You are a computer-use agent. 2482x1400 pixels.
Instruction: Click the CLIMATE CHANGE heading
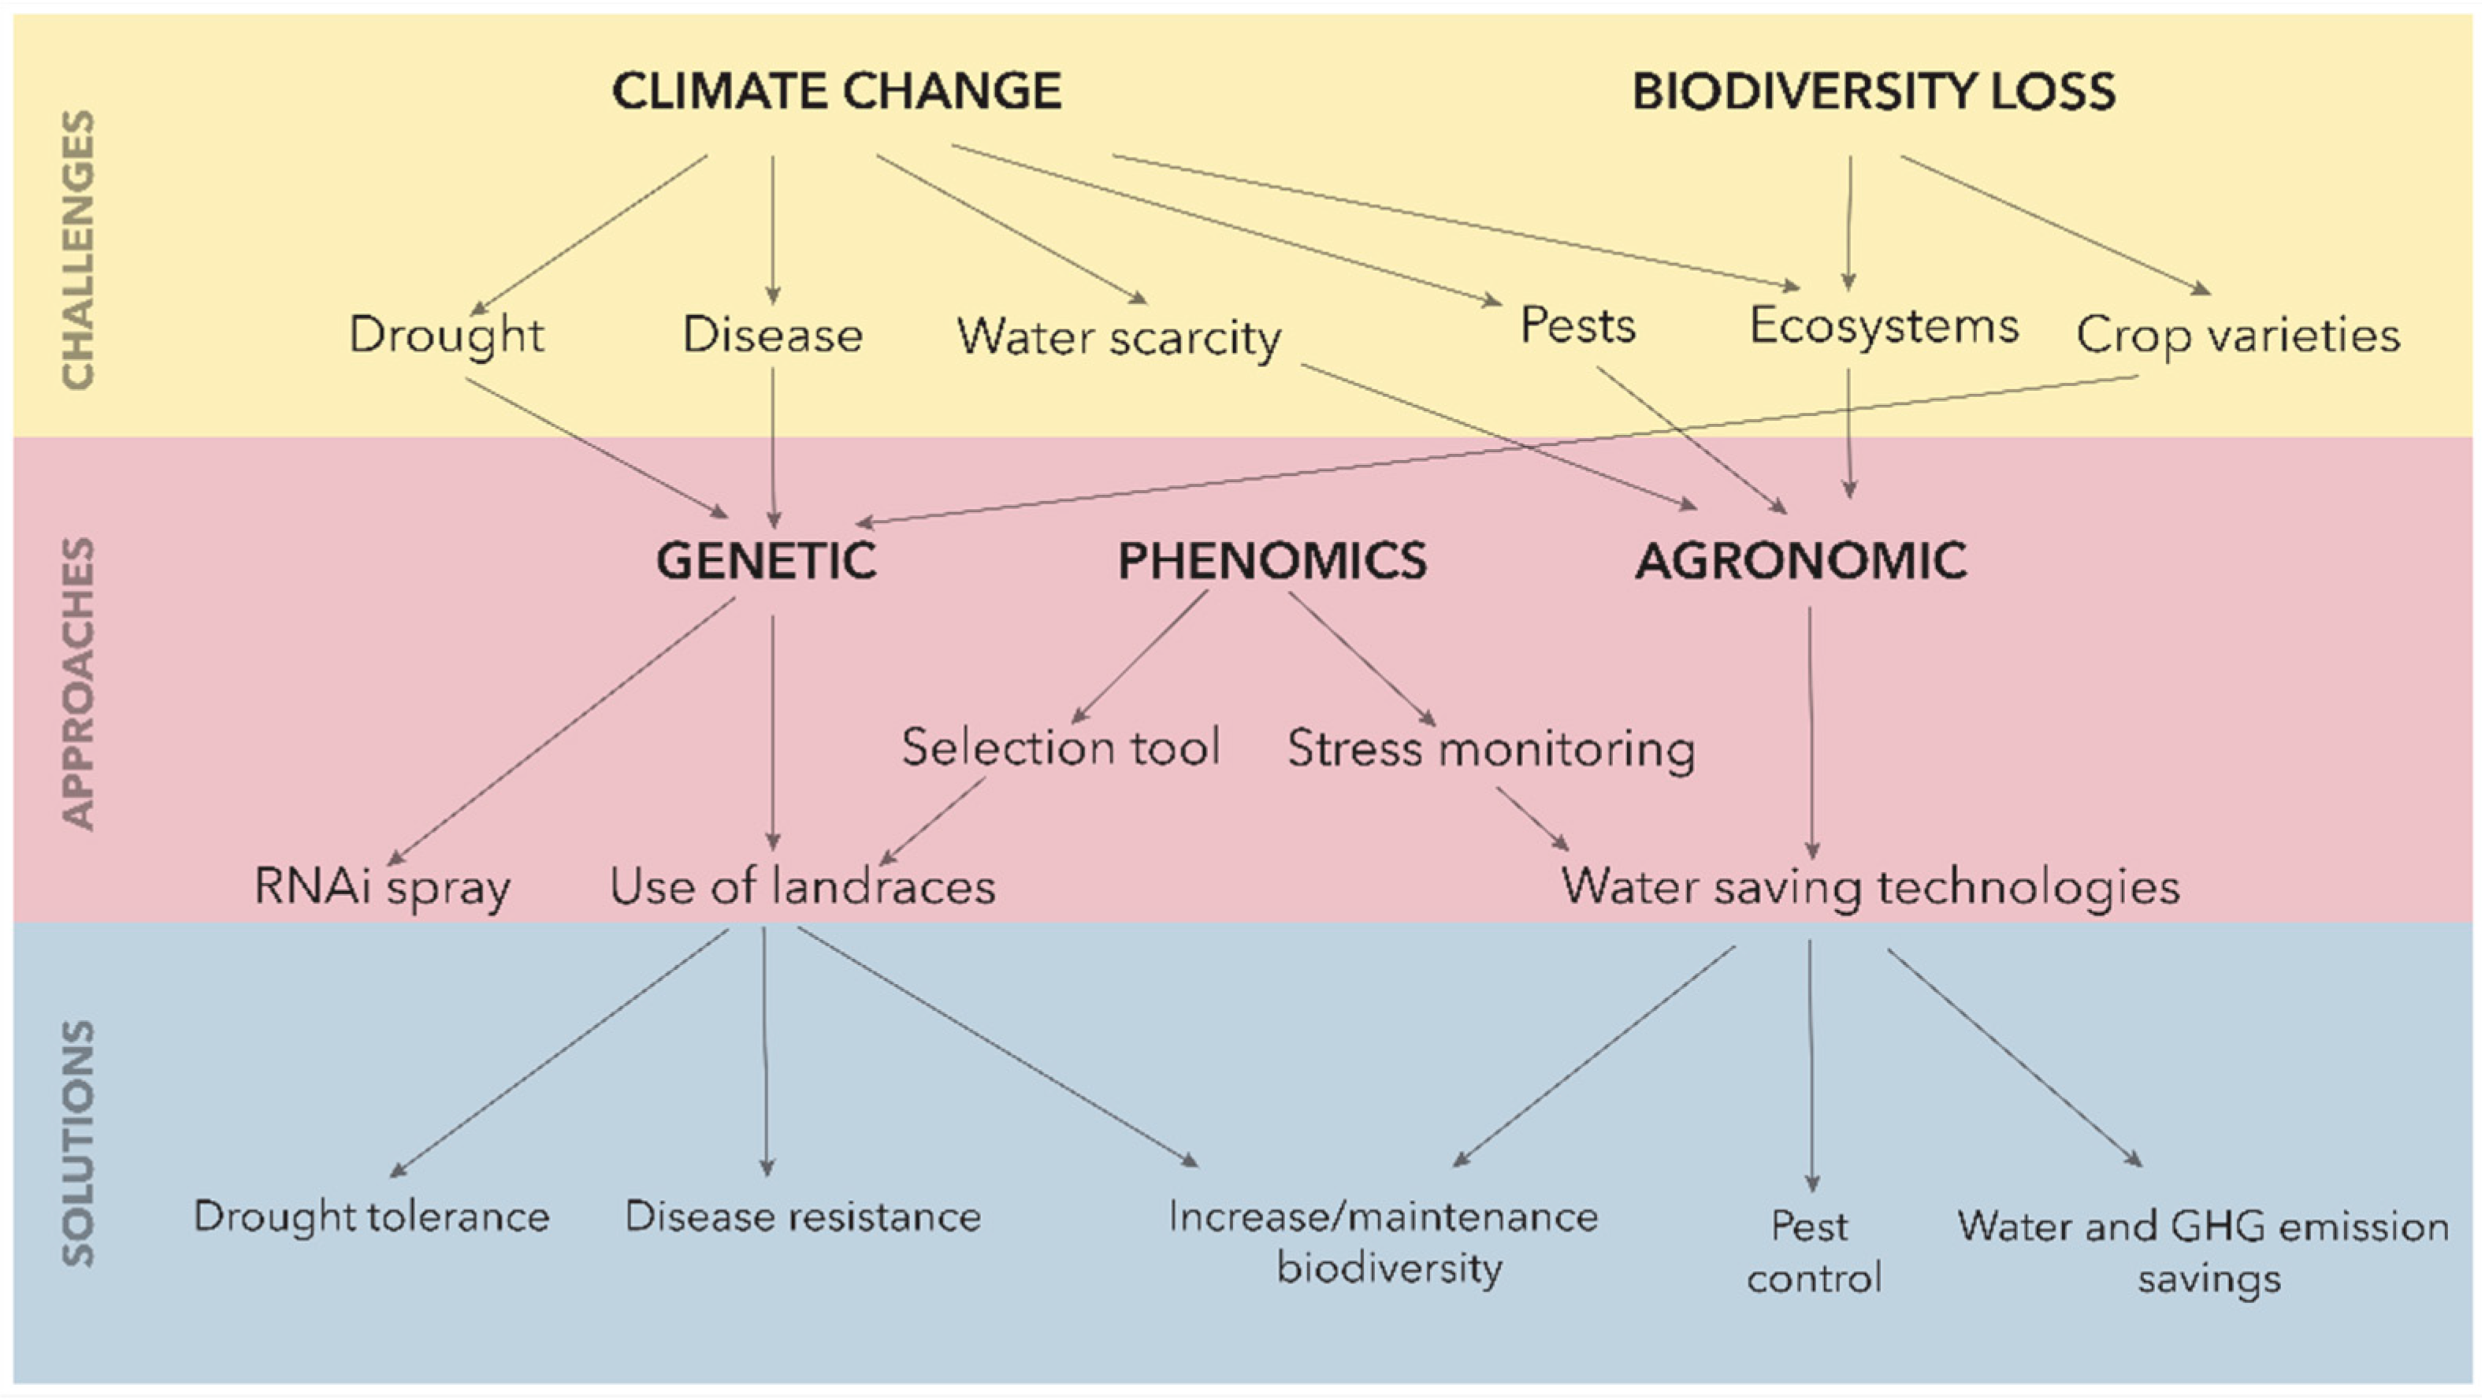pyautogui.click(x=836, y=91)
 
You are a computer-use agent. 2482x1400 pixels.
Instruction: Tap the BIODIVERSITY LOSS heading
pyautogui.click(x=1873, y=91)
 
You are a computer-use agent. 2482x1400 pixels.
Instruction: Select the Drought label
pyautogui.click(x=446, y=336)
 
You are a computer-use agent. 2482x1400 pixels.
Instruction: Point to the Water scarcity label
pyautogui.click(x=1119, y=338)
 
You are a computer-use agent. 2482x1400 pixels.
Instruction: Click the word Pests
pyautogui.click(x=1577, y=325)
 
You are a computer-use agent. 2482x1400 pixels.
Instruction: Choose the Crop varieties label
pyautogui.click(x=2237, y=336)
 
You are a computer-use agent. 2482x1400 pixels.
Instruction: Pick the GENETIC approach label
pyautogui.click(x=766, y=561)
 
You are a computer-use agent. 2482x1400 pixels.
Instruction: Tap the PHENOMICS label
pyautogui.click(x=1272, y=561)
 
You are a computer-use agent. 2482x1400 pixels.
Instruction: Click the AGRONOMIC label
pyautogui.click(x=1800, y=561)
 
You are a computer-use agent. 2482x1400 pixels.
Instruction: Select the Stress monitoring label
pyautogui.click(x=1491, y=749)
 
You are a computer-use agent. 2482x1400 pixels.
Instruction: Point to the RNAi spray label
pyautogui.click(x=382, y=887)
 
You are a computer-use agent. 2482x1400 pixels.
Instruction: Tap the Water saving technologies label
pyautogui.click(x=1871, y=887)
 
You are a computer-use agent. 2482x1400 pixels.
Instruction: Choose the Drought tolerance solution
pyautogui.click(x=372, y=1217)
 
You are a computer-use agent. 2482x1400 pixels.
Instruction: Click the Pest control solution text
pyautogui.click(x=1813, y=1253)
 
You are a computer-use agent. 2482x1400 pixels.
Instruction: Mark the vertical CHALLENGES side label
pyautogui.click(x=78, y=251)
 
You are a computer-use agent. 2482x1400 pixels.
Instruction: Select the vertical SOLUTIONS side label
pyautogui.click(x=78, y=1144)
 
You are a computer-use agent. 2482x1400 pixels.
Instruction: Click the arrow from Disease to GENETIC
pyautogui.click(x=773, y=448)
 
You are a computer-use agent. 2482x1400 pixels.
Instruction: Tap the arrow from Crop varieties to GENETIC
pyautogui.click(x=1493, y=450)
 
